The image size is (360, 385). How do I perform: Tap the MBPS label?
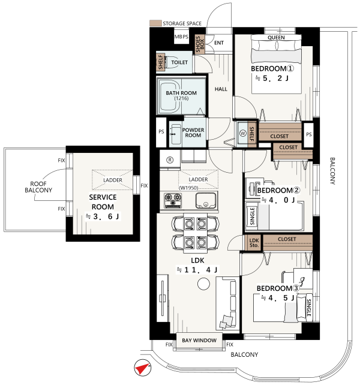pyautogui.click(x=181, y=37)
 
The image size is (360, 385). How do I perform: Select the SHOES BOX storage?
pyautogui.click(x=200, y=44)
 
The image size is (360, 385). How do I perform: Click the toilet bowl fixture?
pyautogui.click(x=169, y=62)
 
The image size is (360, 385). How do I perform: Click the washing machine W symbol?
pyautogui.click(x=243, y=133)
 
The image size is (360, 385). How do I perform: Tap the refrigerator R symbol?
pyautogui.click(x=170, y=160)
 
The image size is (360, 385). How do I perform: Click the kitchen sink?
pyautogui.click(x=206, y=201)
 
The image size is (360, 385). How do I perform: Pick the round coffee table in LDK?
pyautogui.click(x=203, y=284)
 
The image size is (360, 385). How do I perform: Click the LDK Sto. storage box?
pyautogui.click(x=254, y=243)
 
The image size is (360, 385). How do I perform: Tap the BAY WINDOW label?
pyautogui.click(x=199, y=340)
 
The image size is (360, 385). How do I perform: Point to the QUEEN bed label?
pyautogui.click(x=276, y=38)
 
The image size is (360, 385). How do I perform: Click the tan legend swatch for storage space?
pyautogui.click(x=155, y=23)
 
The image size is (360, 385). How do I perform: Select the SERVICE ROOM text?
pyautogui.click(x=103, y=202)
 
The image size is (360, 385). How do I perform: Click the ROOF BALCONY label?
pyautogui.click(x=38, y=187)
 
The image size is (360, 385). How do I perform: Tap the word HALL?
pyautogui.click(x=221, y=89)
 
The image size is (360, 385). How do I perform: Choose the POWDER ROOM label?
pyautogui.click(x=193, y=133)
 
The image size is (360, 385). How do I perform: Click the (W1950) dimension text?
pyautogui.click(x=189, y=188)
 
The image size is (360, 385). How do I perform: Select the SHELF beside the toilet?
pyautogui.click(x=160, y=62)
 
